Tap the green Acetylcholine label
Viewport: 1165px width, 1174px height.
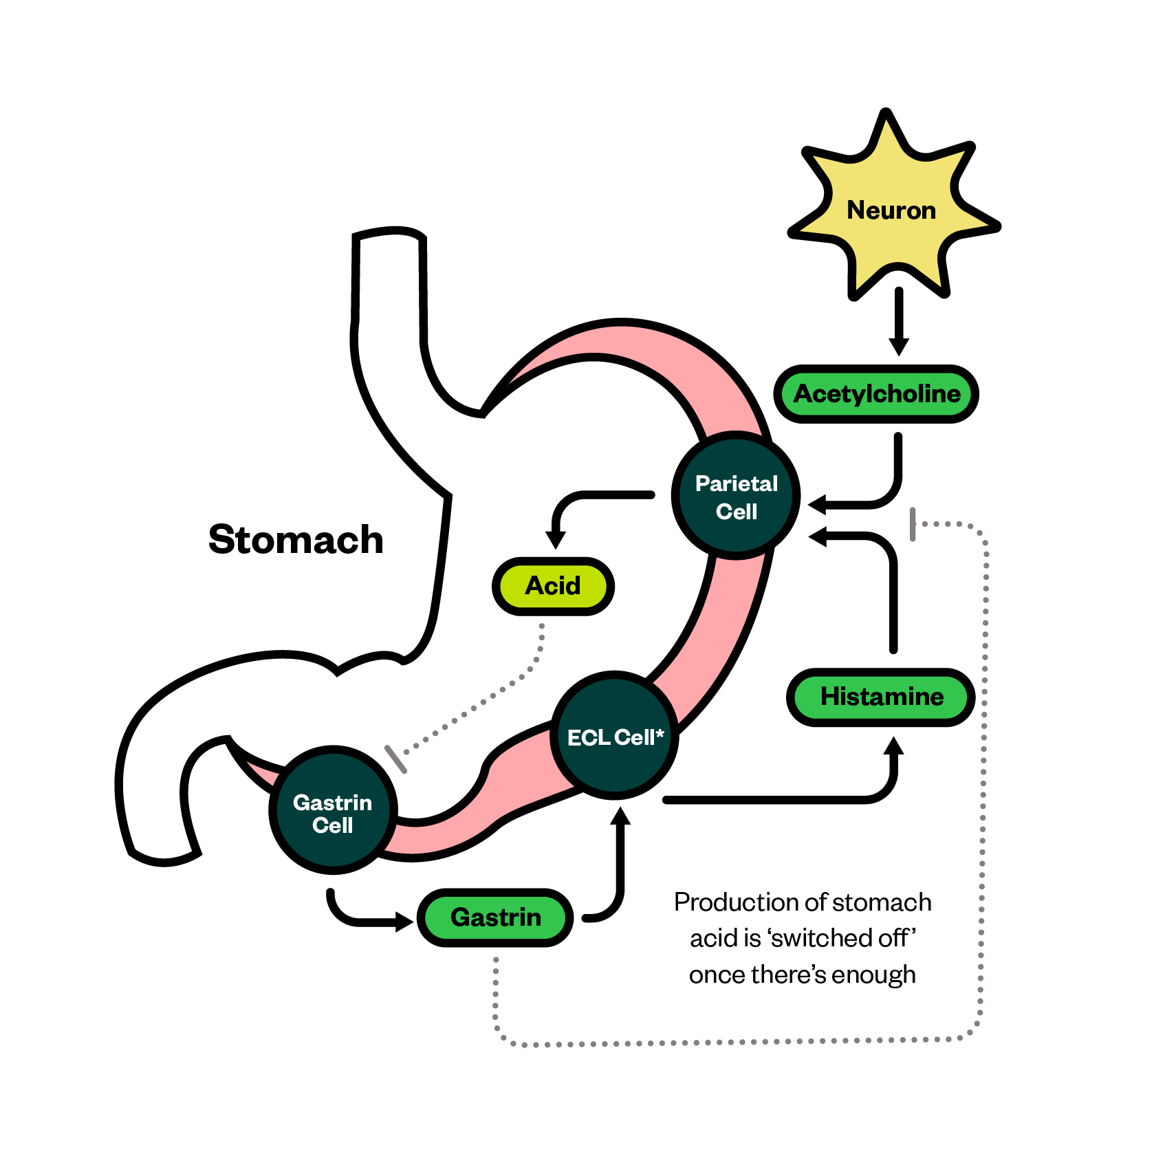point(877,394)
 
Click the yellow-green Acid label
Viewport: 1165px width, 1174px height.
point(553,586)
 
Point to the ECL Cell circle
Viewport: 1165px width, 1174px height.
point(614,736)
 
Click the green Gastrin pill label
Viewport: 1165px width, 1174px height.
point(495,917)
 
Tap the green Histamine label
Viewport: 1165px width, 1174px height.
point(881,697)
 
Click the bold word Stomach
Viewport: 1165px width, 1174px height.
point(296,539)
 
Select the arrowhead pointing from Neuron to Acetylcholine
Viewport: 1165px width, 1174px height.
point(899,346)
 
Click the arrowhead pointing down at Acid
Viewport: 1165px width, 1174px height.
point(555,539)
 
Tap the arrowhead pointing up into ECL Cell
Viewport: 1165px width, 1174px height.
point(621,816)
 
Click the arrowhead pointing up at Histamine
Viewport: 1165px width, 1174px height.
point(893,746)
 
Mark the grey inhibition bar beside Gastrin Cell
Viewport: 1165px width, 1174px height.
point(395,759)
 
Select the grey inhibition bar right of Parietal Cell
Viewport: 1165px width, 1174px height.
point(913,524)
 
